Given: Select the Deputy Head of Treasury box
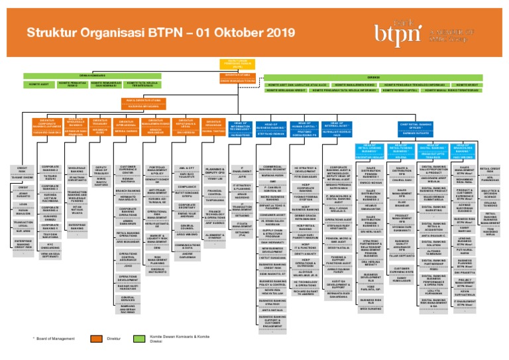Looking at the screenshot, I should coord(101,174).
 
